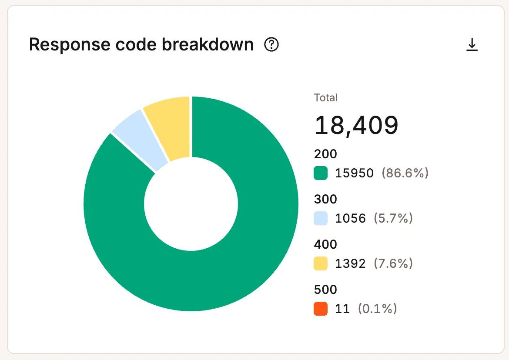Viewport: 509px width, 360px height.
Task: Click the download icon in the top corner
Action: click(472, 45)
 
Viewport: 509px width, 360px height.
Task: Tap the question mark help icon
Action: click(271, 44)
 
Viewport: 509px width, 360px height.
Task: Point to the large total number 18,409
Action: click(356, 125)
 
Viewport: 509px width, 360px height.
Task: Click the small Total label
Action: click(325, 98)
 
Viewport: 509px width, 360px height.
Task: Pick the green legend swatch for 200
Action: click(321, 173)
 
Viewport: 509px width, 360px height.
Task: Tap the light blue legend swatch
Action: click(321, 218)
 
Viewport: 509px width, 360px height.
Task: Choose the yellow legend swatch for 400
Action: click(321, 263)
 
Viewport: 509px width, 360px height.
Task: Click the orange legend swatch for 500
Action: click(321, 309)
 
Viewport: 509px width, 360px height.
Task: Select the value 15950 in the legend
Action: click(354, 173)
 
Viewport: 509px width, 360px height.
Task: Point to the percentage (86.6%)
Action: click(405, 173)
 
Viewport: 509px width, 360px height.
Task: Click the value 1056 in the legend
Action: click(350, 218)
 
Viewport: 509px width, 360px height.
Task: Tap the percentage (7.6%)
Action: click(393, 263)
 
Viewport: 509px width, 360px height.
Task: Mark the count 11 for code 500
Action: click(342, 309)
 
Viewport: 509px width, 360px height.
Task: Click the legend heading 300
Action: click(325, 199)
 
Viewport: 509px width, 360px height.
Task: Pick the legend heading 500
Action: click(325, 290)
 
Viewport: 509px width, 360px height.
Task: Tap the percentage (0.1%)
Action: click(378, 309)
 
